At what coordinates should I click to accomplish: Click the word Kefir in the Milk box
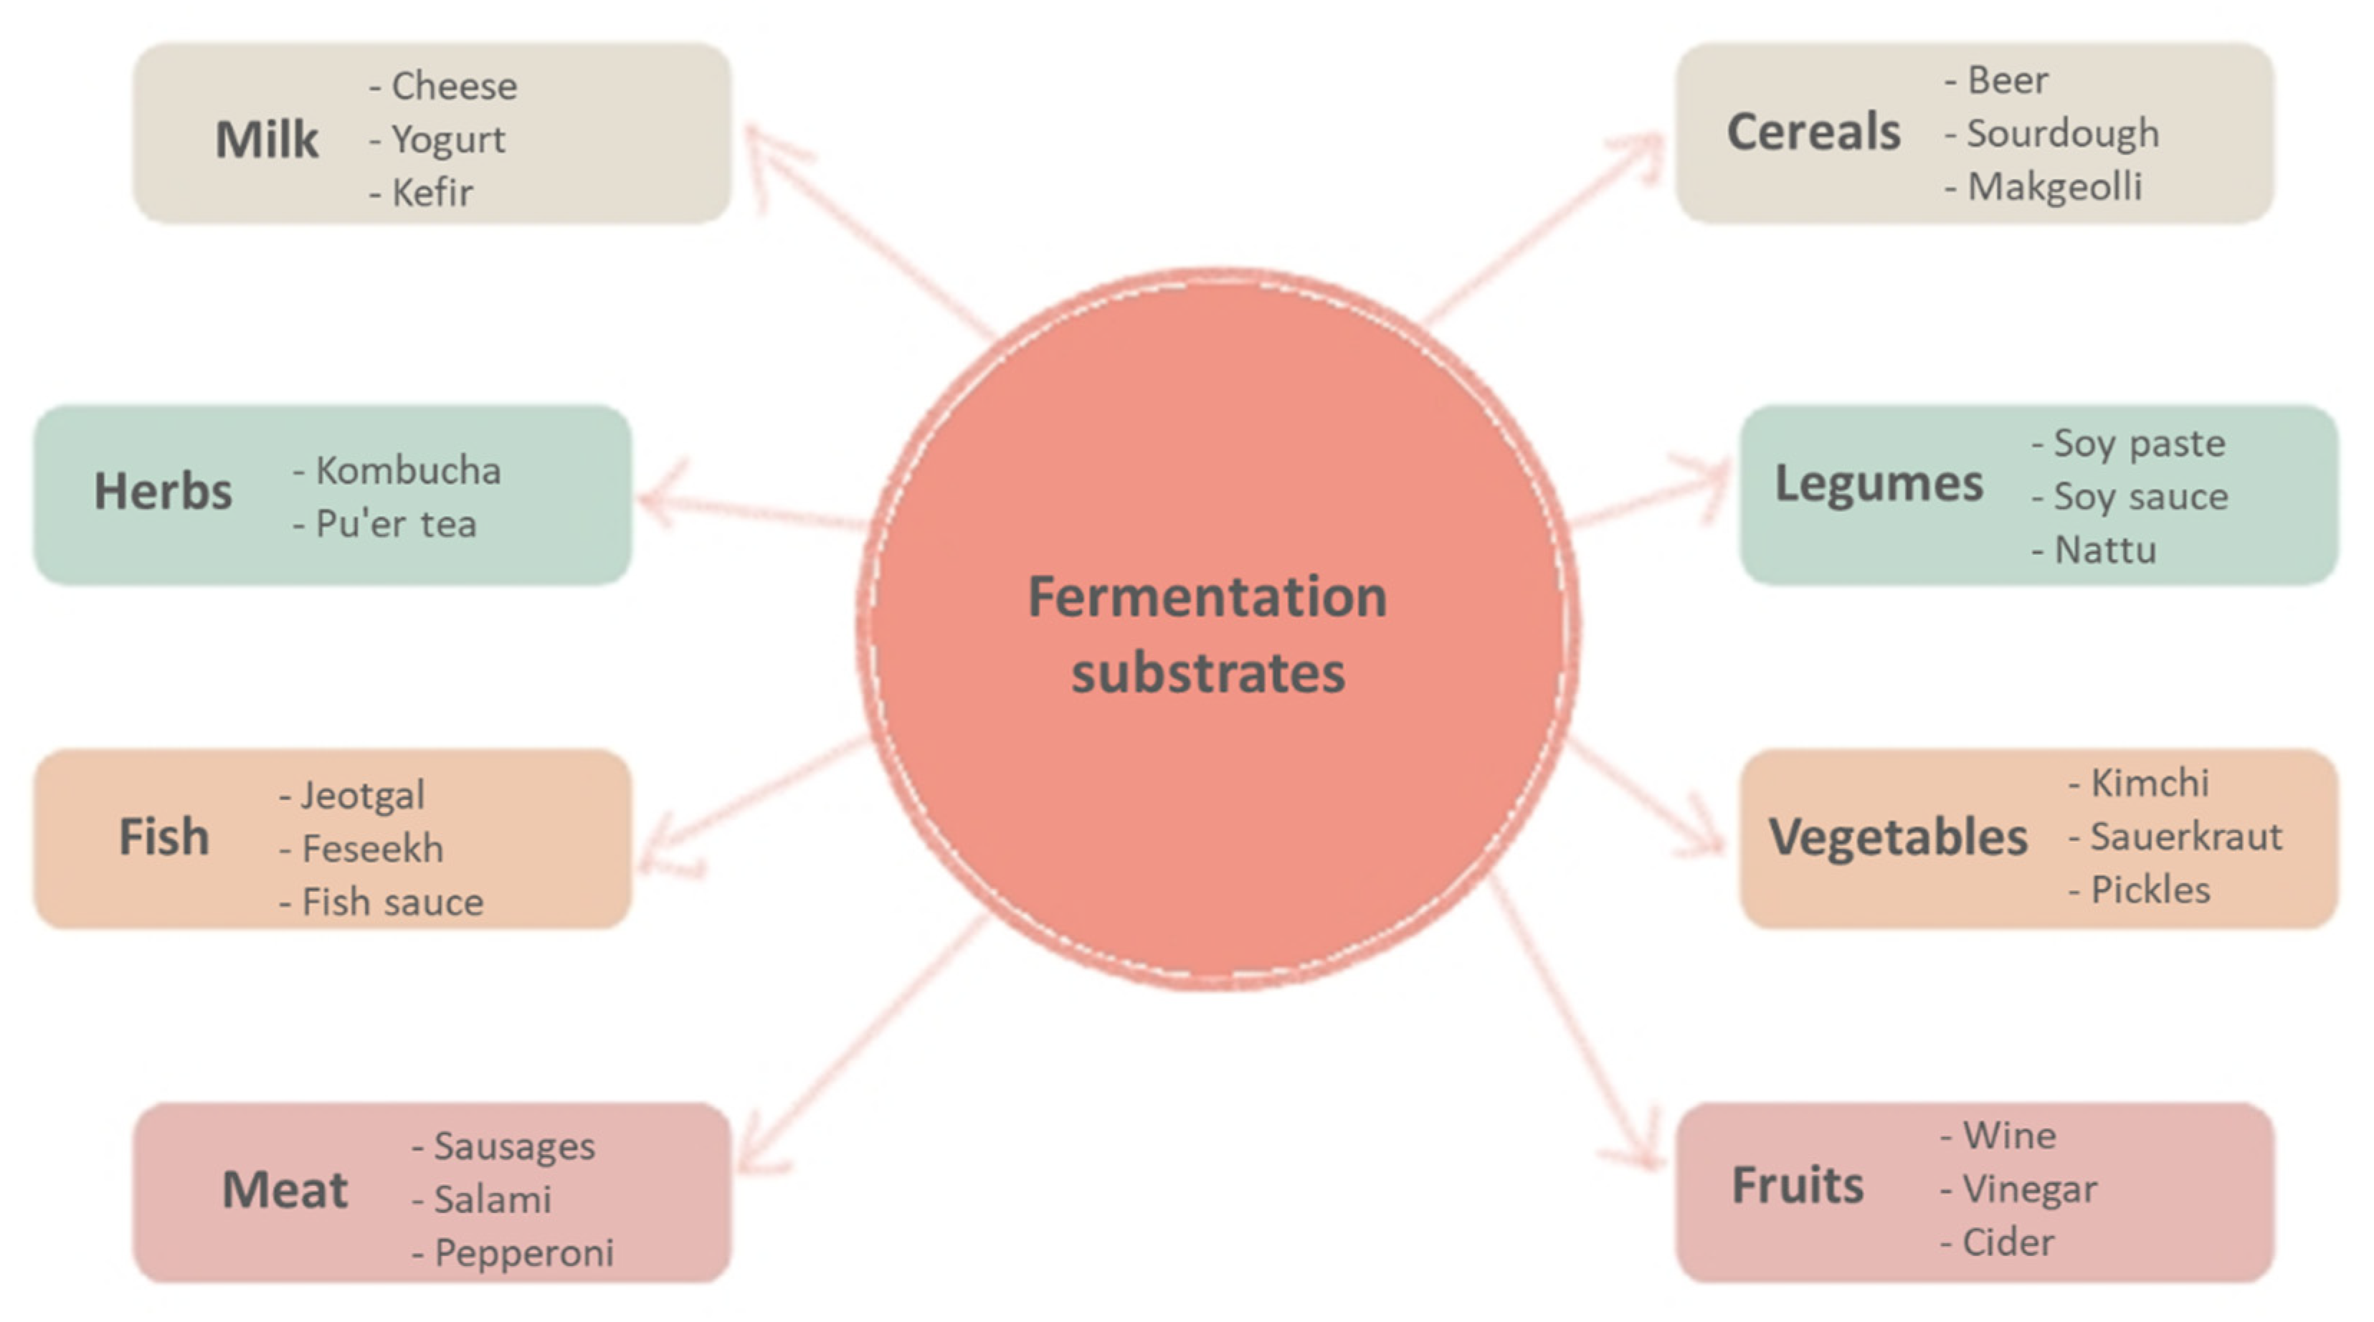(x=432, y=193)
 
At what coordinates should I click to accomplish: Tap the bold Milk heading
(x=267, y=140)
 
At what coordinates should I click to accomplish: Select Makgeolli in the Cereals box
(x=2054, y=187)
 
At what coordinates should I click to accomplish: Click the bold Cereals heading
(x=1813, y=132)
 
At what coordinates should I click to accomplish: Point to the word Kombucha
(x=408, y=471)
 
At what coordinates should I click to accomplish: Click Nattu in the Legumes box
(x=2105, y=550)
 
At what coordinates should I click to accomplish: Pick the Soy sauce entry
(x=2140, y=497)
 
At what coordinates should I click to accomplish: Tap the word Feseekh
(x=372, y=849)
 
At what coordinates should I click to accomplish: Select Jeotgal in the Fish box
(x=363, y=795)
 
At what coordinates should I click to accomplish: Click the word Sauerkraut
(x=2186, y=837)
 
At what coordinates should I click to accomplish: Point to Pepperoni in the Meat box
(x=523, y=1253)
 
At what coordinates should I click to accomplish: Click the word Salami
(x=492, y=1199)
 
